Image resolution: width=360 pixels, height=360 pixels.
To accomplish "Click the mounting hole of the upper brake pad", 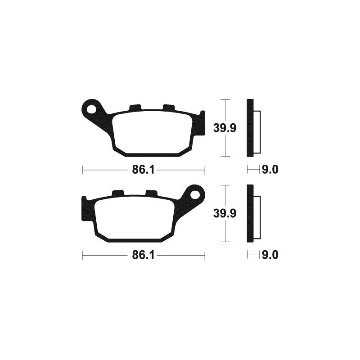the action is pyautogui.click(x=92, y=109).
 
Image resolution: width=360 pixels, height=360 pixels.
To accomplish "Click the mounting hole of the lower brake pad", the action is pyautogui.click(x=195, y=195).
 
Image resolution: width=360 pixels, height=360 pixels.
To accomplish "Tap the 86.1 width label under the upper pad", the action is pyautogui.click(x=143, y=170).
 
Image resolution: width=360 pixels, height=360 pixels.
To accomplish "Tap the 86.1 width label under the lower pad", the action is pyautogui.click(x=143, y=255).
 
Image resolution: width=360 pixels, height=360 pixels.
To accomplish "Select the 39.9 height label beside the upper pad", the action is pyautogui.click(x=225, y=128).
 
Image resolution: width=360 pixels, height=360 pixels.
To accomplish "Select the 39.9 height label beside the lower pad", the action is pyautogui.click(x=225, y=213).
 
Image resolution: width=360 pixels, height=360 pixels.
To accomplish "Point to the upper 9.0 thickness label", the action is pyautogui.click(x=270, y=170).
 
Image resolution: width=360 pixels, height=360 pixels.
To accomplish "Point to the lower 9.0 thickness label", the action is pyautogui.click(x=270, y=255).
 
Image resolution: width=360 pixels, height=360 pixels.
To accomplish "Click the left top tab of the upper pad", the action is pyautogui.click(x=135, y=108).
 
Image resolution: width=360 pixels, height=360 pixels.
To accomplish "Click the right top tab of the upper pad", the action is pyautogui.click(x=169, y=108).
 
